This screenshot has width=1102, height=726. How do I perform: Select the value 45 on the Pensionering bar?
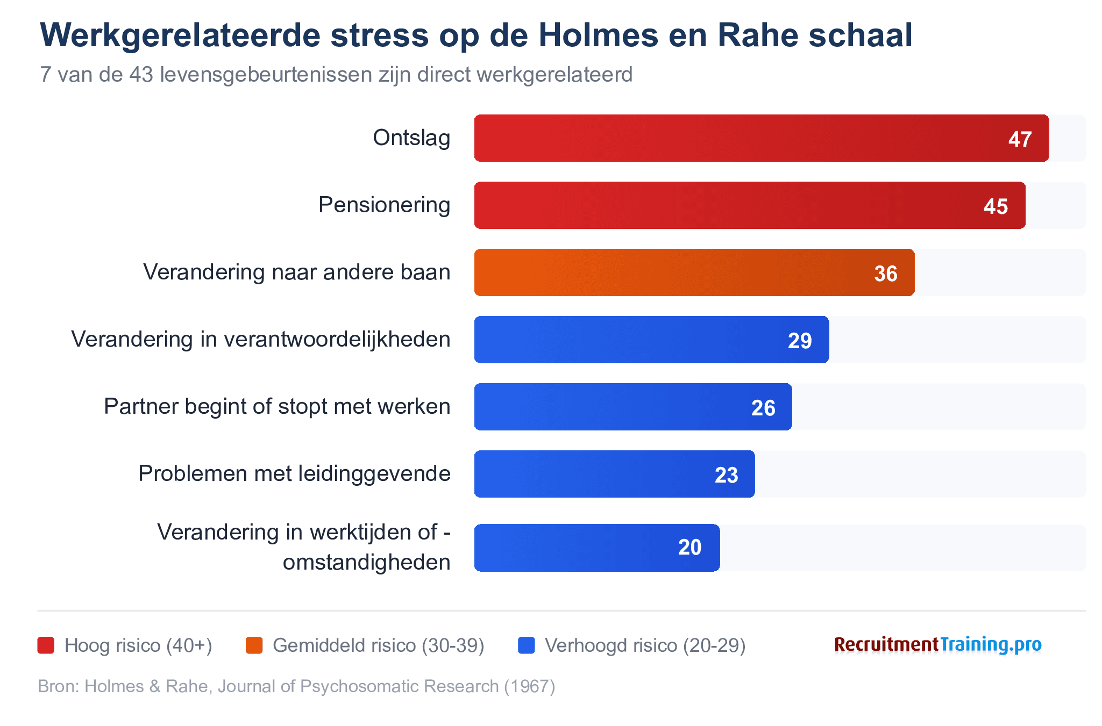click(x=995, y=206)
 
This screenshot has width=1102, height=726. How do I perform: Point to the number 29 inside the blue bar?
click(x=799, y=341)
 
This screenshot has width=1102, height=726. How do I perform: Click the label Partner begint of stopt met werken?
click(x=277, y=406)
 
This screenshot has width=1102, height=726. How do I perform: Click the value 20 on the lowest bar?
click(x=689, y=547)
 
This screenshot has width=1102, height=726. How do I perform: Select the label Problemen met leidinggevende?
click(x=294, y=473)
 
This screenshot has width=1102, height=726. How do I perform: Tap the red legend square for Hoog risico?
click(x=46, y=645)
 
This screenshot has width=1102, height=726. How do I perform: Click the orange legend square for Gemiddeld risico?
click(x=254, y=645)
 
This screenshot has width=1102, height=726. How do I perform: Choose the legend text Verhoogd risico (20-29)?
click(x=645, y=645)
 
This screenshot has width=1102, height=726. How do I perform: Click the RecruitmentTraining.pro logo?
click(x=937, y=644)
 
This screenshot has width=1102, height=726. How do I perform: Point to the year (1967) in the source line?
click(x=529, y=686)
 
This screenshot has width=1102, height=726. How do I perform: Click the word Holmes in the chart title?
click(x=598, y=35)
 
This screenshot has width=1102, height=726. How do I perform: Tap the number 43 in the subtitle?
click(x=141, y=75)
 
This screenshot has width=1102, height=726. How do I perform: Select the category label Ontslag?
click(x=411, y=138)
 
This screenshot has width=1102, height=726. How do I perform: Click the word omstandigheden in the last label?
click(x=366, y=562)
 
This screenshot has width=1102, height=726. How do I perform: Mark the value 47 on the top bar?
click(x=1020, y=139)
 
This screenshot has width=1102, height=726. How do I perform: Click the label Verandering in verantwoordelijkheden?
click(x=261, y=339)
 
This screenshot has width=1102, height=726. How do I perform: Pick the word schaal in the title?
click(x=861, y=35)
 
